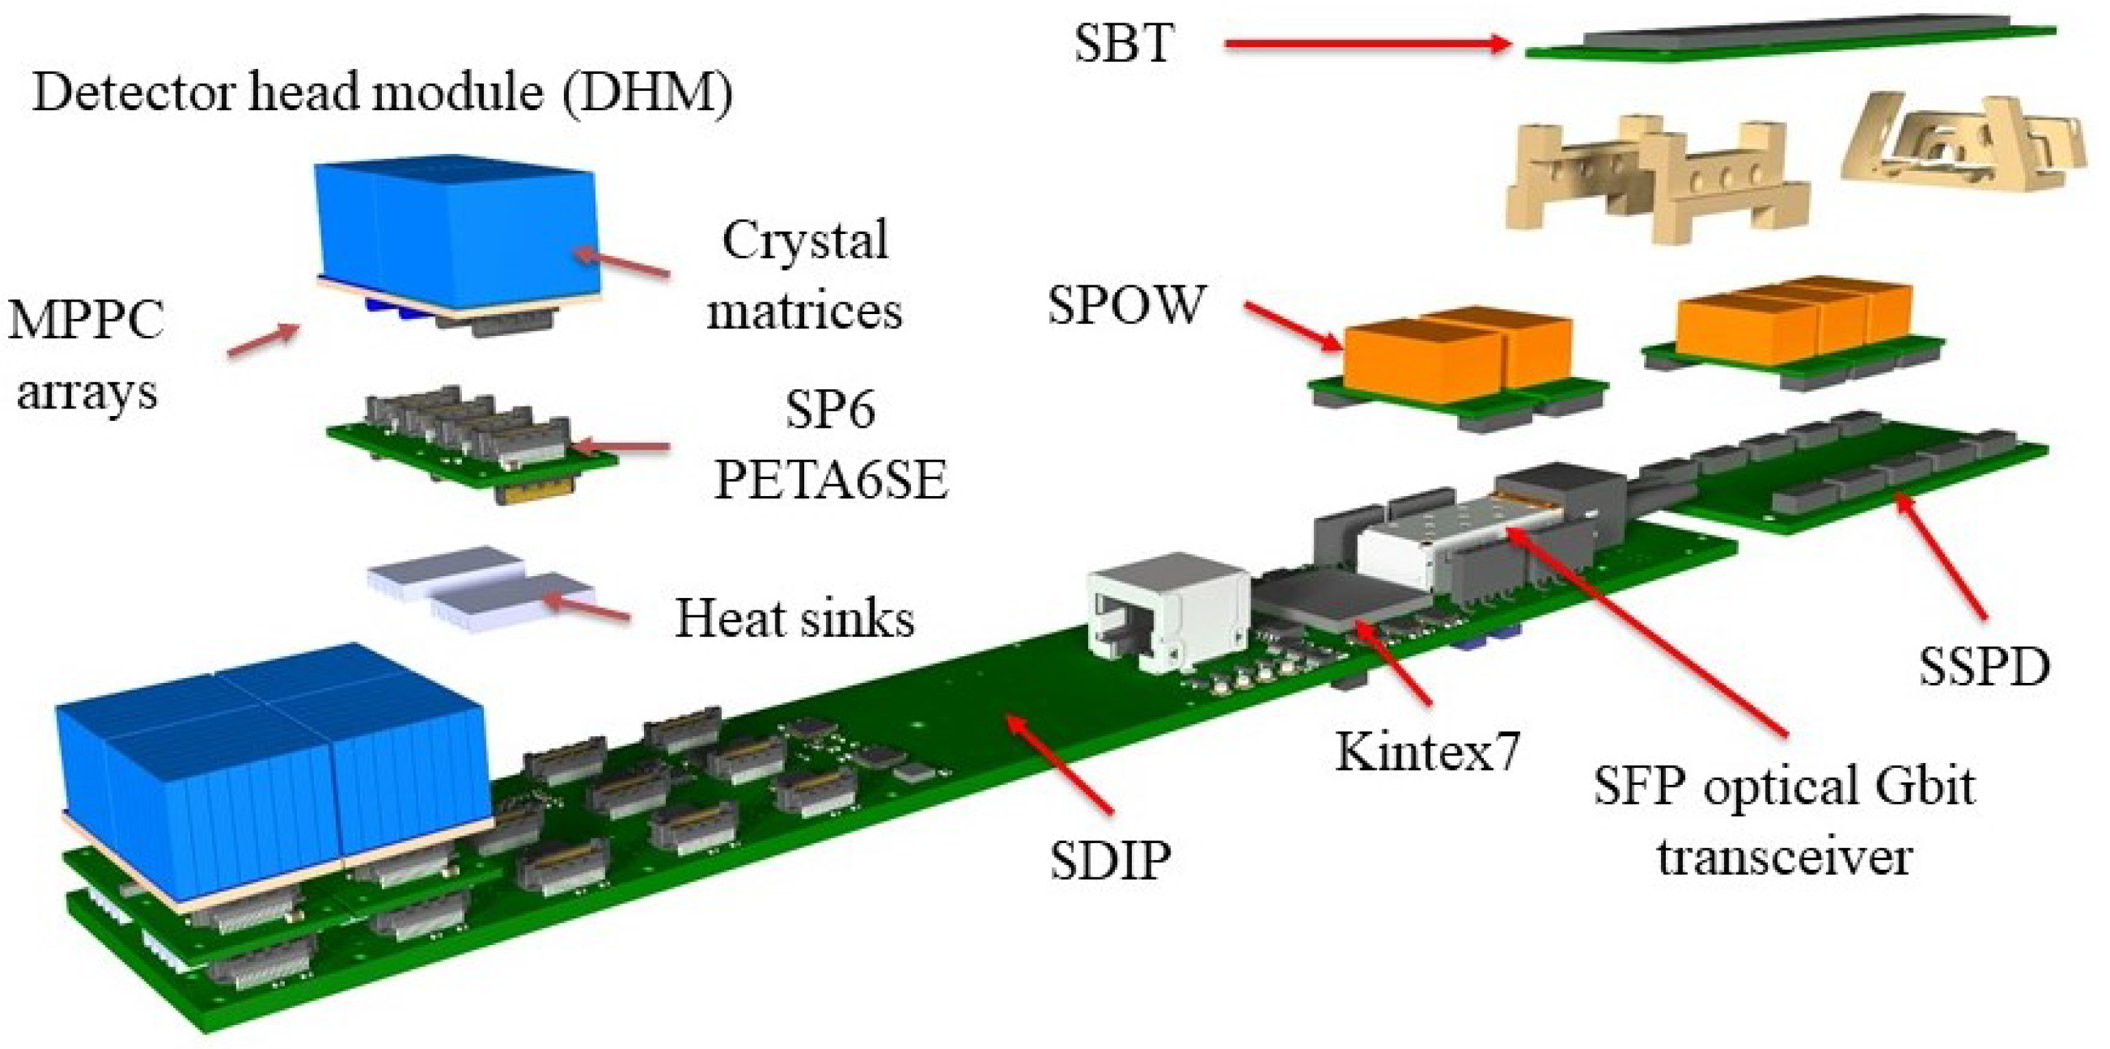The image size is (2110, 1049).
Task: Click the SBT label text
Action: pyautogui.click(x=1123, y=42)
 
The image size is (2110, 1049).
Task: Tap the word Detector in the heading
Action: pyautogui.click(x=134, y=92)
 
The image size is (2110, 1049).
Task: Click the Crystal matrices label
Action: pyautogui.click(x=804, y=275)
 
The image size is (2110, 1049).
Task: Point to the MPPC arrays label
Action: pyautogui.click(x=86, y=354)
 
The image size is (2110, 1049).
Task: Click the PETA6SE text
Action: pyautogui.click(x=831, y=478)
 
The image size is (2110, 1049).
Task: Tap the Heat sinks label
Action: pyautogui.click(x=794, y=619)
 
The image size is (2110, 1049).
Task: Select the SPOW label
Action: pyautogui.click(x=1127, y=305)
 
